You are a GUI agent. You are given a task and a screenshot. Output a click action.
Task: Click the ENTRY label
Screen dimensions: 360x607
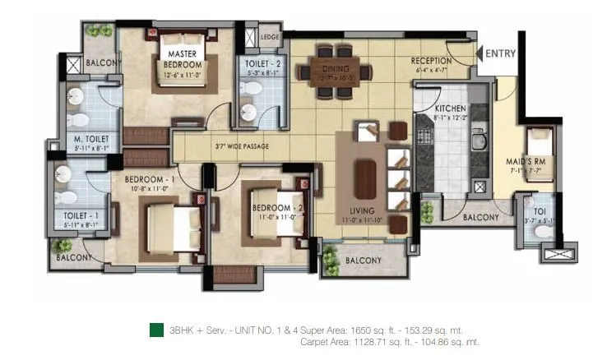point(501,53)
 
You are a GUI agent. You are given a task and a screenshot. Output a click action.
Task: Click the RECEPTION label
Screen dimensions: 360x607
point(431,61)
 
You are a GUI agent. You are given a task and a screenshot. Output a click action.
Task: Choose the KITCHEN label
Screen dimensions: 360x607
point(450,108)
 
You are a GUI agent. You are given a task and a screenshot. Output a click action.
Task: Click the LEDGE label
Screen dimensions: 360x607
point(269,37)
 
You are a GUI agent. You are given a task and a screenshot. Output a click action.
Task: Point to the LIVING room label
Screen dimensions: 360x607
point(361,210)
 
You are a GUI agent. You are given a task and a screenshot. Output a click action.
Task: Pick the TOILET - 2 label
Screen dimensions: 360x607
point(258,62)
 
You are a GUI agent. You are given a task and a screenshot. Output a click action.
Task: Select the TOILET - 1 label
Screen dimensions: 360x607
point(81,216)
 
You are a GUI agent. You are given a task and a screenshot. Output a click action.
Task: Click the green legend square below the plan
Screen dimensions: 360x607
point(155,330)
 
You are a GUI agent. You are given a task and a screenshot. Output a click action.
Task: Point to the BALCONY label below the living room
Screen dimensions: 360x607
point(363,261)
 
